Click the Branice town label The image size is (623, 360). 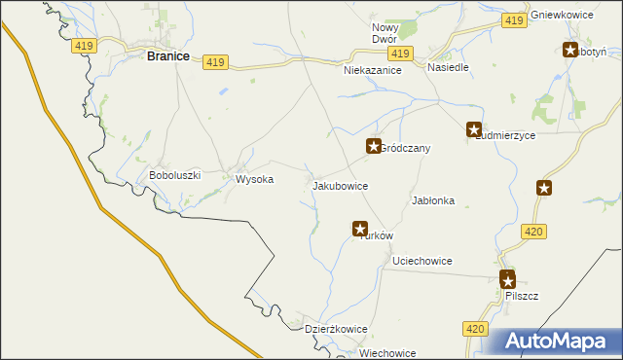[x=167, y=56]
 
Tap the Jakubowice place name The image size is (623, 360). [x=339, y=185]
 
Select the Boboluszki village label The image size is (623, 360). [x=174, y=175]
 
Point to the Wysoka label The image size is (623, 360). [x=255, y=180]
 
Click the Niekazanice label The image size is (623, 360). [x=373, y=71]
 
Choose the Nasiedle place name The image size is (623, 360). [x=449, y=68]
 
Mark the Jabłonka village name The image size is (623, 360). [x=434, y=200]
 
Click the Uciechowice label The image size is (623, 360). [x=421, y=261]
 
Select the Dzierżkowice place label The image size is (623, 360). [x=336, y=329]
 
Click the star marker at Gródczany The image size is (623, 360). [x=373, y=146]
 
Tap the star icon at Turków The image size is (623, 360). [x=360, y=229]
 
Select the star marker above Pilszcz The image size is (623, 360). [x=507, y=278]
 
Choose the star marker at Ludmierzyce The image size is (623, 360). [x=474, y=128]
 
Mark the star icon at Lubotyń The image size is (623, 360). [x=570, y=50]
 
